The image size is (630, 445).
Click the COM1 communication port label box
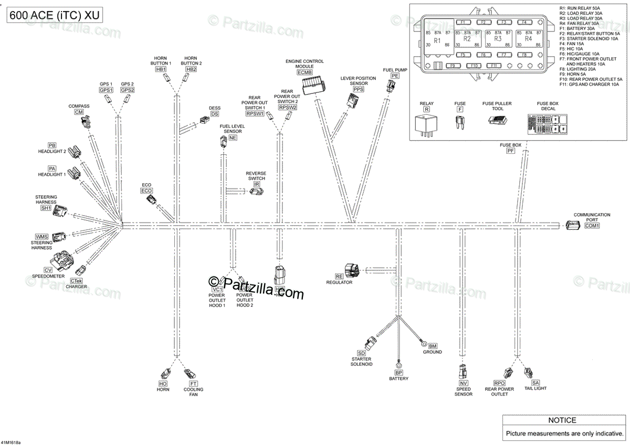click(x=592, y=226)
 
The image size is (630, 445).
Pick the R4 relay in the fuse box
click(x=528, y=40)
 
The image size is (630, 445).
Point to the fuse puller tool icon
click(x=497, y=120)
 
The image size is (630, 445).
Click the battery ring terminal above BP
click(x=398, y=365)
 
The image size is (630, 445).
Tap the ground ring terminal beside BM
click(x=423, y=344)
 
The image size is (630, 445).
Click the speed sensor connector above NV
click(x=463, y=372)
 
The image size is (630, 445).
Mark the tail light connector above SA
click(x=528, y=373)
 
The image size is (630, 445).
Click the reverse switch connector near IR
click(x=257, y=191)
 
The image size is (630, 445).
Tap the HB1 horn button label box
click(x=161, y=69)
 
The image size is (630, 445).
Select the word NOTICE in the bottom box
click(x=562, y=420)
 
